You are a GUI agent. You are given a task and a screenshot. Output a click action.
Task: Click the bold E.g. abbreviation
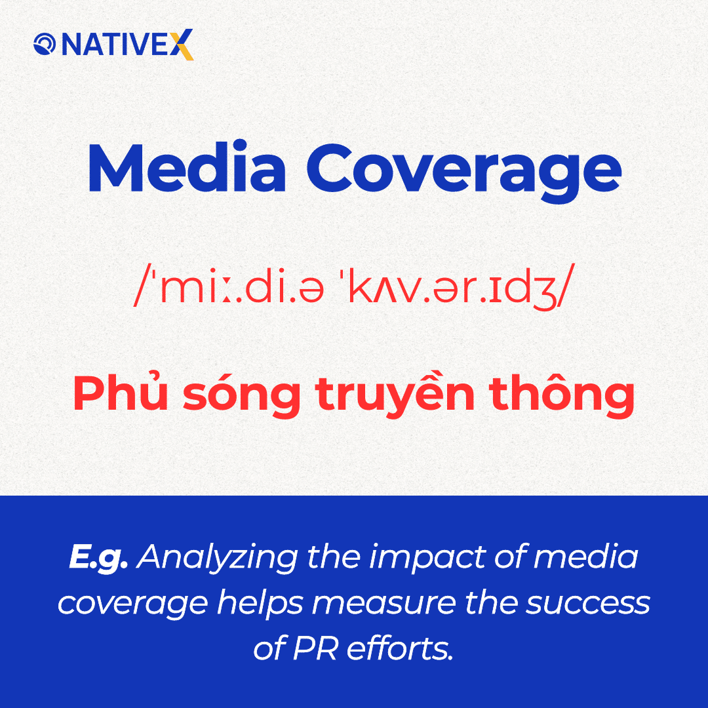click(98, 558)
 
